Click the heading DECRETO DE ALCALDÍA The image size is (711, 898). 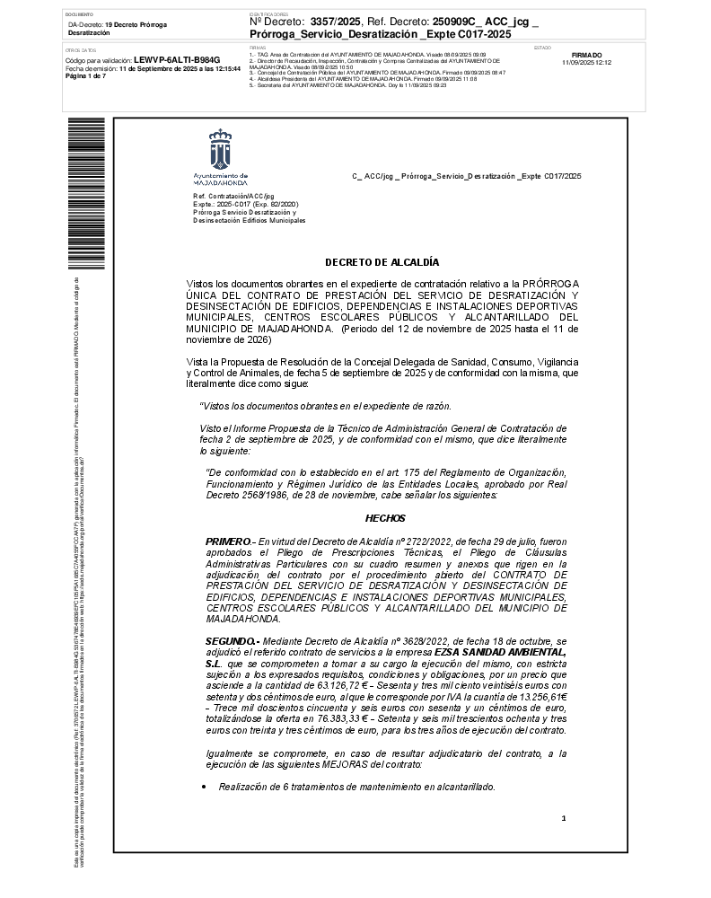(x=382, y=262)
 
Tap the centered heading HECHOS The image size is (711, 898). (x=385, y=518)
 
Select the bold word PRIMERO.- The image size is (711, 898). (x=231, y=541)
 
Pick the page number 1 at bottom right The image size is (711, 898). (x=563, y=818)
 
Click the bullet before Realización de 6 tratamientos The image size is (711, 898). (x=205, y=787)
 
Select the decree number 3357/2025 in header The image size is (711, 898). (x=333, y=20)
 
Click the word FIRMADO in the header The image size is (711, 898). (x=586, y=56)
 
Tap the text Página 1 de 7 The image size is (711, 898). (x=85, y=76)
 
